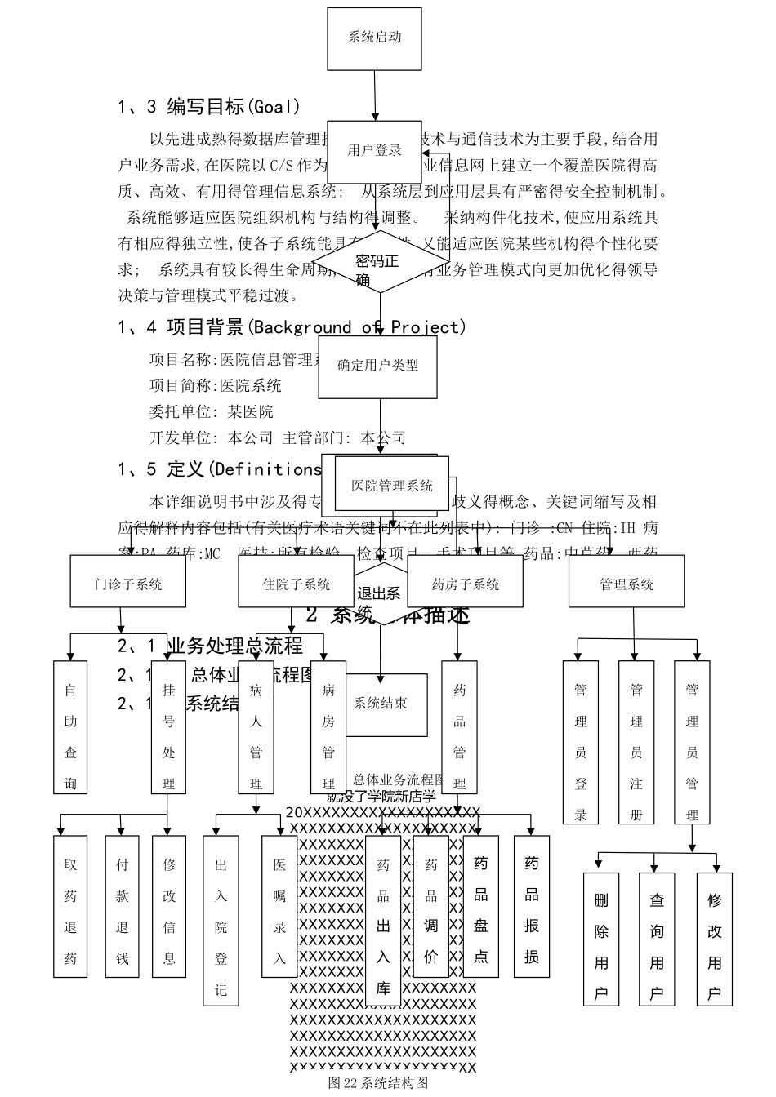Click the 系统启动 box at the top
point(375,38)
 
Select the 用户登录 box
point(375,150)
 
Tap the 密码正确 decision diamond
point(377,262)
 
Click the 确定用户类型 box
point(377,366)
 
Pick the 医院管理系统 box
point(392,486)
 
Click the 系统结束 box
point(381,704)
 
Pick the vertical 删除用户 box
point(601,939)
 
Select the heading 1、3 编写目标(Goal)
point(209,106)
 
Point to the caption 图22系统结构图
point(377,1083)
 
